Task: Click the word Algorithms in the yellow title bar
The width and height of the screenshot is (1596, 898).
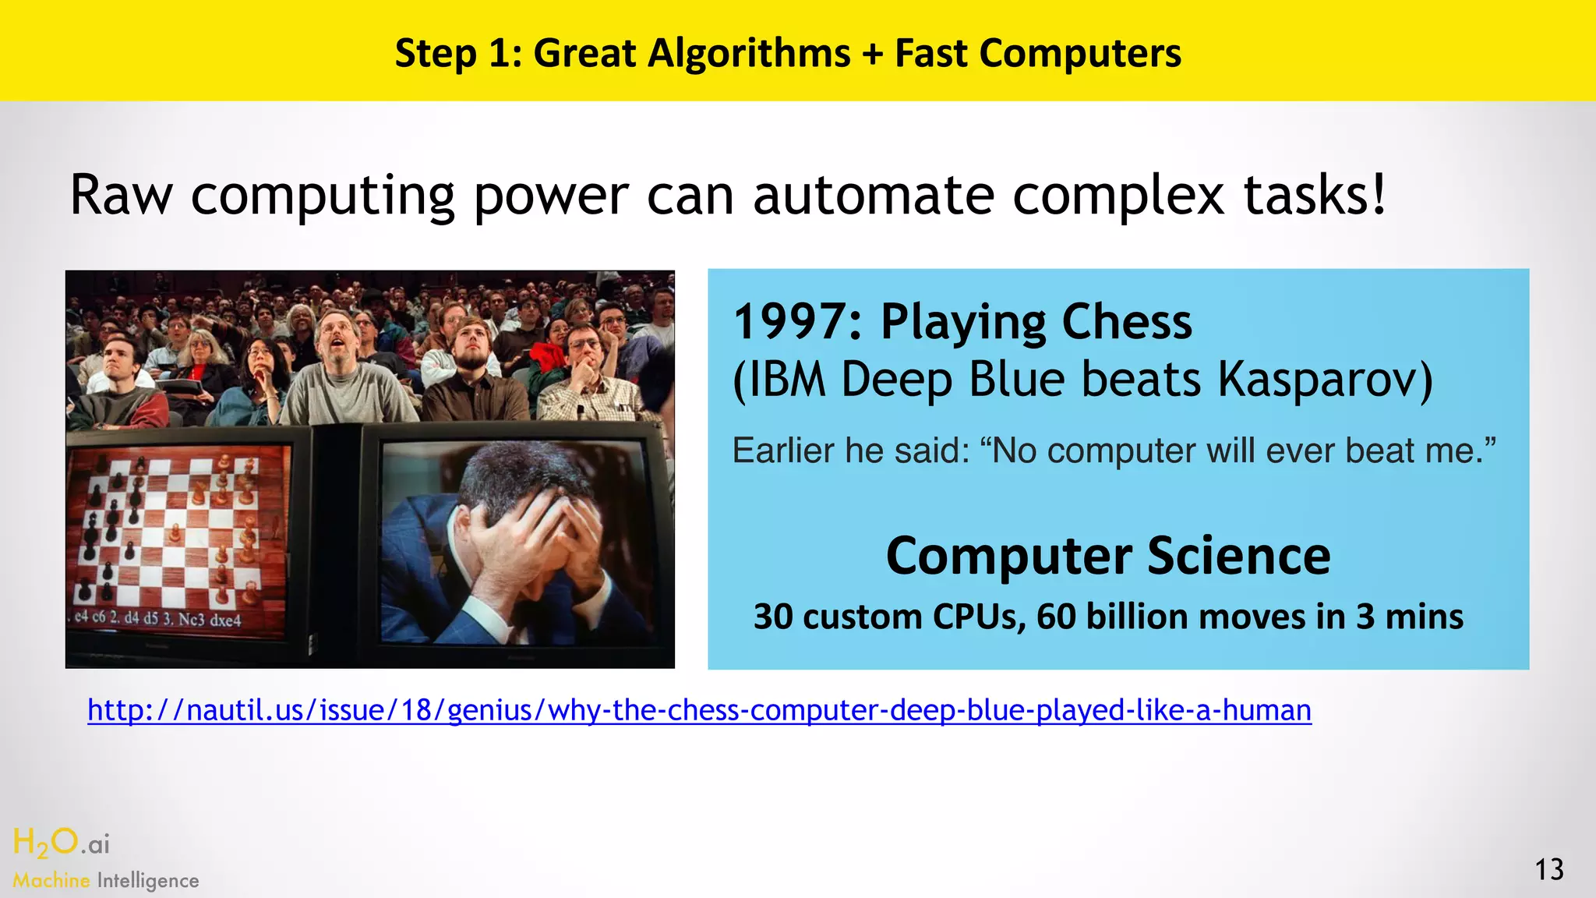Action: (749, 55)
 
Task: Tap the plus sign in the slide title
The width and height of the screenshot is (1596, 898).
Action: (873, 55)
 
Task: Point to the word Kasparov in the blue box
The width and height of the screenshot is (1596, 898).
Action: (1325, 380)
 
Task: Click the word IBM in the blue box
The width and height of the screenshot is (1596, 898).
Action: (786, 380)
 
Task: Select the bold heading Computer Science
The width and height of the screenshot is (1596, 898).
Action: (1107, 556)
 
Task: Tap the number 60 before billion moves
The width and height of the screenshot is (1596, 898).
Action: (1056, 617)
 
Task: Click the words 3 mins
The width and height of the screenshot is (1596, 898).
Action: (1409, 617)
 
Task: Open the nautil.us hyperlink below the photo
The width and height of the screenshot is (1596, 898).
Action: (699, 710)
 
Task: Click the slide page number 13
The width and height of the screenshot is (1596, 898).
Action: (1549, 869)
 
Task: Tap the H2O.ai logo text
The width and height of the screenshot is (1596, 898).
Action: (62, 843)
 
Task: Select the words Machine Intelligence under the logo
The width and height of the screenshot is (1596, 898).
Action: (106, 881)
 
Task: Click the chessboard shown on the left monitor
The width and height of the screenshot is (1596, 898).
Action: (175, 530)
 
